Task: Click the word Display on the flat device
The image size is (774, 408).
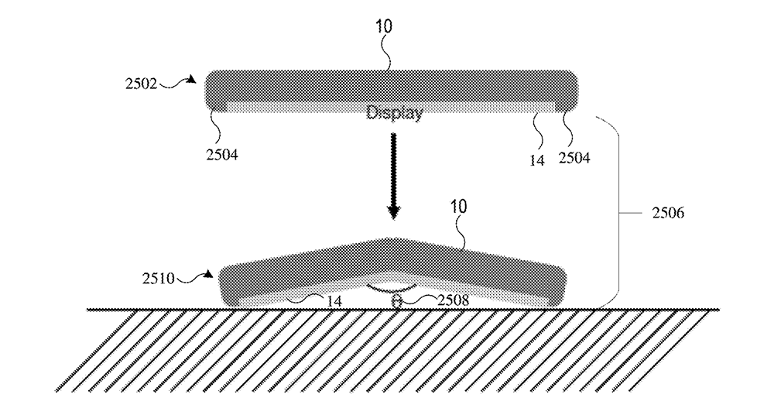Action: coord(395,114)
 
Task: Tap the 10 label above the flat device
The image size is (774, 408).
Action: coord(384,27)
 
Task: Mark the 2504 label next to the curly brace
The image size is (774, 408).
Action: coord(575,159)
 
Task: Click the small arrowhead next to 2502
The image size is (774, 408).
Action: coord(191,78)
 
